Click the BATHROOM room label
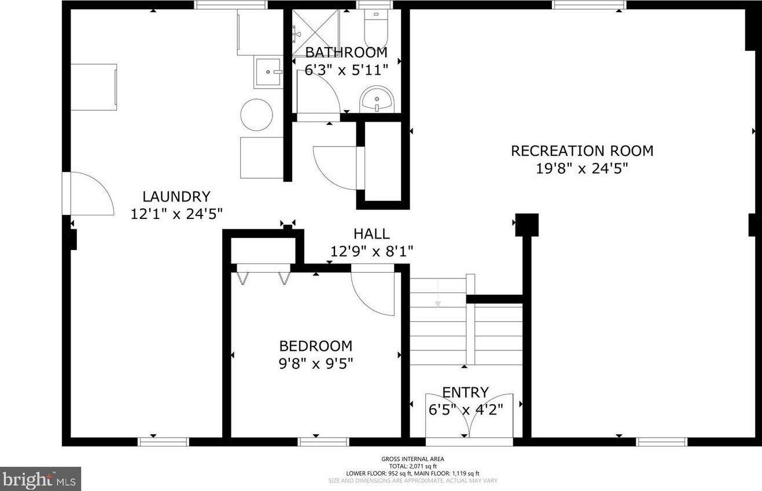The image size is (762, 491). tap(347, 53)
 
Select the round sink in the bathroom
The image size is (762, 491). tap(377, 99)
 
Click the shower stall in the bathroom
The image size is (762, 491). tap(316, 32)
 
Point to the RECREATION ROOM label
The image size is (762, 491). tap(582, 151)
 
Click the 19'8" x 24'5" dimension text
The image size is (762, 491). tap(582, 168)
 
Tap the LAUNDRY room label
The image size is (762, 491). tap(176, 197)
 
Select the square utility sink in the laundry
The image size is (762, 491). tap(268, 73)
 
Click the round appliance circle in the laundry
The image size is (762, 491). tap(257, 115)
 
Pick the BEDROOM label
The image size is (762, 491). tap(316, 346)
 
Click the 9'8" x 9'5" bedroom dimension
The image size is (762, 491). tap(316, 364)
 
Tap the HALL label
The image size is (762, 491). tap(371, 234)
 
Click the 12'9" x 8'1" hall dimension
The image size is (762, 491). tap(371, 252)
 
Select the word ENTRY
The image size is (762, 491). tap(465, 392)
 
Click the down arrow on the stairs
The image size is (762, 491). tap(438, 293)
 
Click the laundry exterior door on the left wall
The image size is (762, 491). tap(88, 193)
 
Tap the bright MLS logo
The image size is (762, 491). tap(40, 479)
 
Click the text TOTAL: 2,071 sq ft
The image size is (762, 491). tap(413, 466)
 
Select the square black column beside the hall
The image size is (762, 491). tap(527, 225)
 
